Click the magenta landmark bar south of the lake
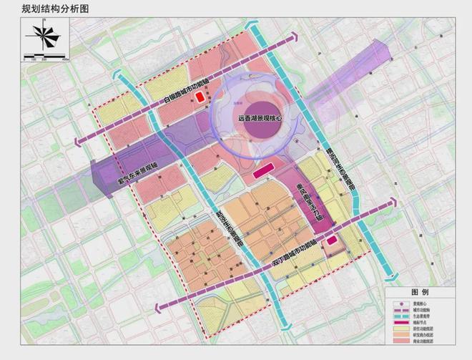262,170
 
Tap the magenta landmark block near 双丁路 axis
332,240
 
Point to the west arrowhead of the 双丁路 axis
152,308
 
